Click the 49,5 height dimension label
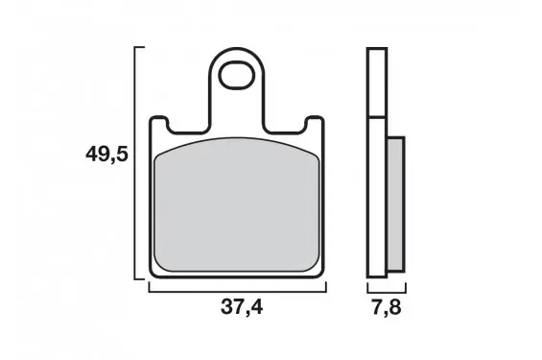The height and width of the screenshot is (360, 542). click(x=106, y=154)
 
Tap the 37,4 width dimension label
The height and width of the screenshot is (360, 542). click(x=242, y=306)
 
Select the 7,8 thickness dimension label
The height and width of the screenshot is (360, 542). click(x=387, y=307)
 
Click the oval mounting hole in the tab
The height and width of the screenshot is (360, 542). click(x=237, y=76)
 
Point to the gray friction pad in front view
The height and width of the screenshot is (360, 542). click(x=237, y=204)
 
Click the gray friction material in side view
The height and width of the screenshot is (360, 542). click(x=395, y=204)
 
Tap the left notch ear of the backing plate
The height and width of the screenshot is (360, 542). click(x=159, y=124)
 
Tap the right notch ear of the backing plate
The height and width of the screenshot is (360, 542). click(x=315, y=124)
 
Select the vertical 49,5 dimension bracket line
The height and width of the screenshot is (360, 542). click(x=134, y=162)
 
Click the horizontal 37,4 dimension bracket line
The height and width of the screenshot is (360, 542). click(x=238, y=292)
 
